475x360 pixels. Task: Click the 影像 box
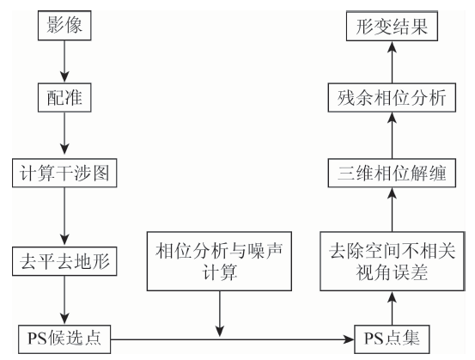click(64, 26)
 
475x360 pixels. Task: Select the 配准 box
click(64, 98)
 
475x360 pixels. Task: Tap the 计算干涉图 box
click(64, 173)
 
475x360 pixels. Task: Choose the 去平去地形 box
click(64, 261)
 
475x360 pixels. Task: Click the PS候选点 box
click(64, 339)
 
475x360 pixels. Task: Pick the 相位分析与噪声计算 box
click(219, 261)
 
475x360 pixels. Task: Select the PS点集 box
click(392, 339)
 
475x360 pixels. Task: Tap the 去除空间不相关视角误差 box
click(393, 261)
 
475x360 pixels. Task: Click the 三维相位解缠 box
click(392, 173)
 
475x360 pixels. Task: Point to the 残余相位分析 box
click(392, 98)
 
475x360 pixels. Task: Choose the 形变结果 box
click(392, 26)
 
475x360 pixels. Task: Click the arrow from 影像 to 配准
click(64, 62)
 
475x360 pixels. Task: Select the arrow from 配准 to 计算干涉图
click(64, 135)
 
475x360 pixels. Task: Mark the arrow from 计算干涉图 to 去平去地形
click(64, 217)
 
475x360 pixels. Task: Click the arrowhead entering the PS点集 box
click(349, 339)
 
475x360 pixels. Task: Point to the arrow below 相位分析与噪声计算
click(220, 314)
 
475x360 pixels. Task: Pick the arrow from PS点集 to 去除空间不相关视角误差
click(393, 308)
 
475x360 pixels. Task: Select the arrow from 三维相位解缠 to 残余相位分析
click(393, 135)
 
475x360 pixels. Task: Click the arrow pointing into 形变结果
click(393, 62)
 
